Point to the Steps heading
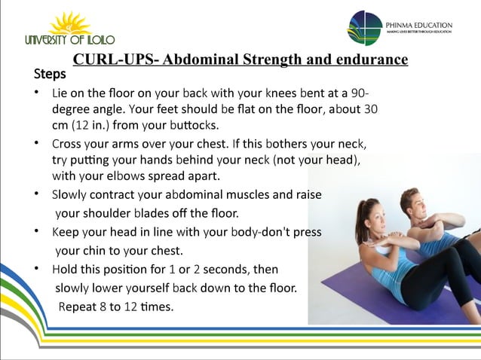pyautogui.click(x=50, y=75)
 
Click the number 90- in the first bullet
pyautogui.click(x=360, y=93)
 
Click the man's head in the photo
pyautogui.click(x=410, y=201)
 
